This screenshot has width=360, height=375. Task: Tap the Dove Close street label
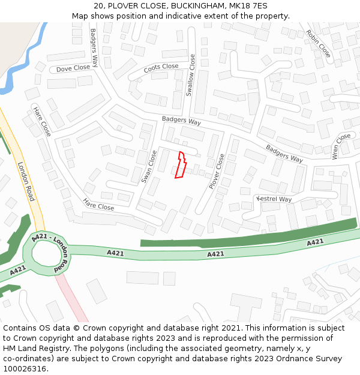73,68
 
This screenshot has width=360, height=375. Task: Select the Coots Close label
161,67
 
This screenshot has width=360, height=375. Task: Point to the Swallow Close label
190,75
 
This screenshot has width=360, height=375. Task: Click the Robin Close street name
318,43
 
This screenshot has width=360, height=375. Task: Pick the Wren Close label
340,146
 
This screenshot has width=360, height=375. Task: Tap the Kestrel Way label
274,199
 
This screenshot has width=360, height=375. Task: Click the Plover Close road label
217,171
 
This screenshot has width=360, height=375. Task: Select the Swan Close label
148,166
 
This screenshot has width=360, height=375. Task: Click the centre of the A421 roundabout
47,254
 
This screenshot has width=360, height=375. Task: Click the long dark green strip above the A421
252,235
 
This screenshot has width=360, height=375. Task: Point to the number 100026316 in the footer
25,368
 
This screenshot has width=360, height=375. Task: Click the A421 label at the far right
316,242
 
